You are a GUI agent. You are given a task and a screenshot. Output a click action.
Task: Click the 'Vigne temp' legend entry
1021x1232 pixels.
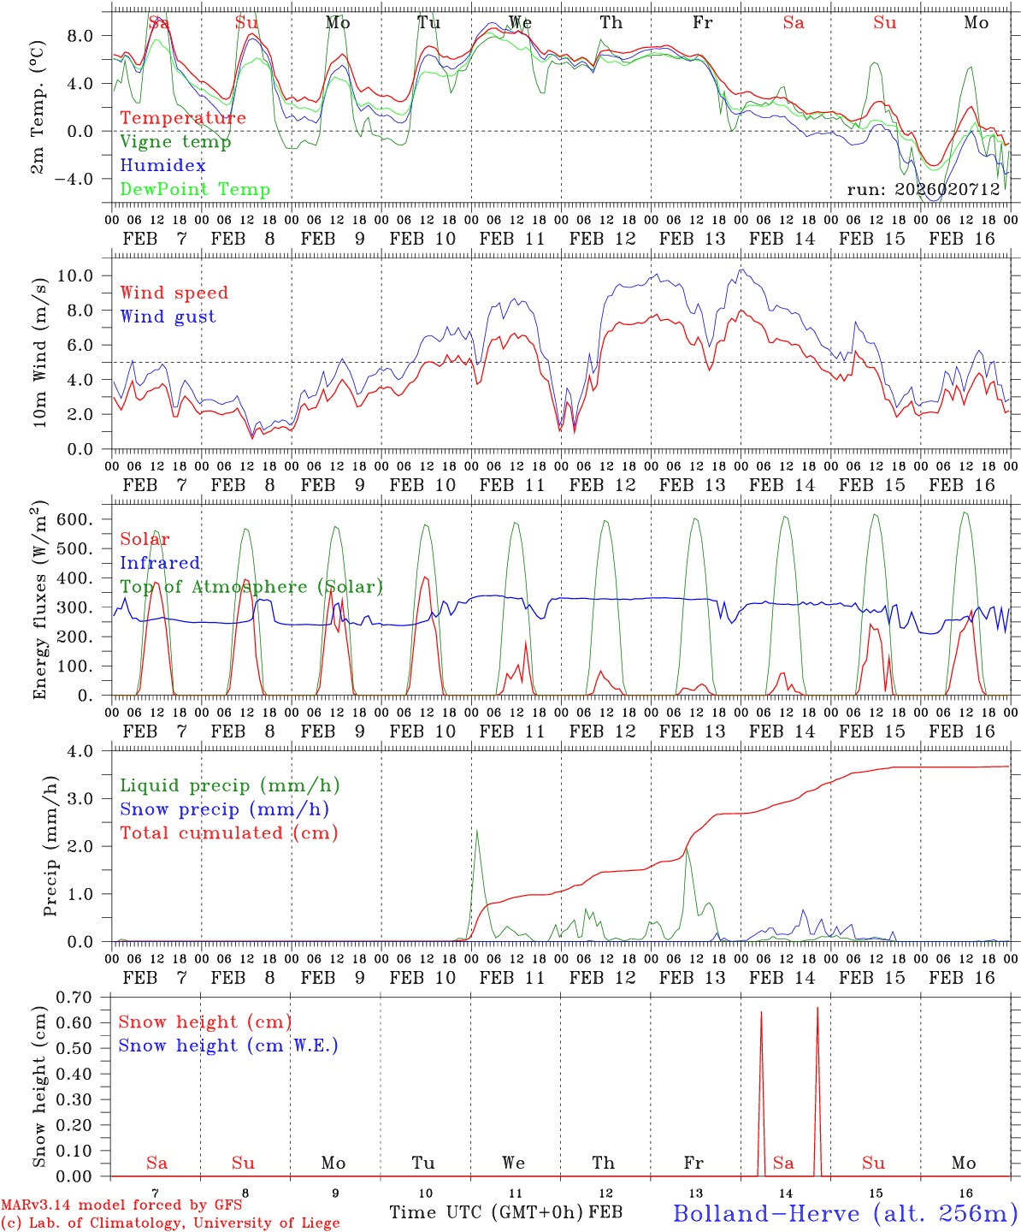click(175, 142)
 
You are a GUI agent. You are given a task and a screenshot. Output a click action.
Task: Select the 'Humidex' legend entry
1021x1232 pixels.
click(162, 166)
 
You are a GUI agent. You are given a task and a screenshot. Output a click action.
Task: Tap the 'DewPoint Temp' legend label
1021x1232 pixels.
click(195, 190)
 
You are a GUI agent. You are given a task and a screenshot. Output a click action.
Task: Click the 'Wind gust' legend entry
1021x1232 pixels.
click(168, 317)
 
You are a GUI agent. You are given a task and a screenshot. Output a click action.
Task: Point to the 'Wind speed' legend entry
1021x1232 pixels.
click(174, 293)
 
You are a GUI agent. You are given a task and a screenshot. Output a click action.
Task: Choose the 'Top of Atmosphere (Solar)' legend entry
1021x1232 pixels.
click(251, 587)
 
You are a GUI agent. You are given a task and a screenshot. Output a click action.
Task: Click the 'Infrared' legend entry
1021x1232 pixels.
click(160, 563)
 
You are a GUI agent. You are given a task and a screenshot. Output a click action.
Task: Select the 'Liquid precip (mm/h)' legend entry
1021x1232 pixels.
click(230, 785)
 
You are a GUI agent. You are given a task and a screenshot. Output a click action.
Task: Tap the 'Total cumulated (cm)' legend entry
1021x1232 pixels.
click(229, 833)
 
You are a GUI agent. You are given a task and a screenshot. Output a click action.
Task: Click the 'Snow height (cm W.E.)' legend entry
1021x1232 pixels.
click(228, 1045)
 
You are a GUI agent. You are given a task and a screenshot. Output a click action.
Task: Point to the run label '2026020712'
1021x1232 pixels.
click(924, 190)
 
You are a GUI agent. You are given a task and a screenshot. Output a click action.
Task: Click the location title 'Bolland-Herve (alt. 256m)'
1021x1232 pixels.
click(844, 1213)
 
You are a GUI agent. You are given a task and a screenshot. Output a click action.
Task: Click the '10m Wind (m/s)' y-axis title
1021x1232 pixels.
click(40, 351)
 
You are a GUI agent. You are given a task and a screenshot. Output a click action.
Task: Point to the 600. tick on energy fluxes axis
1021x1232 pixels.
click(84, 519)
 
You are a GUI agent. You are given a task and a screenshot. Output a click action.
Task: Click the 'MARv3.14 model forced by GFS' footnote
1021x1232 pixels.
click(121, 1205)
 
